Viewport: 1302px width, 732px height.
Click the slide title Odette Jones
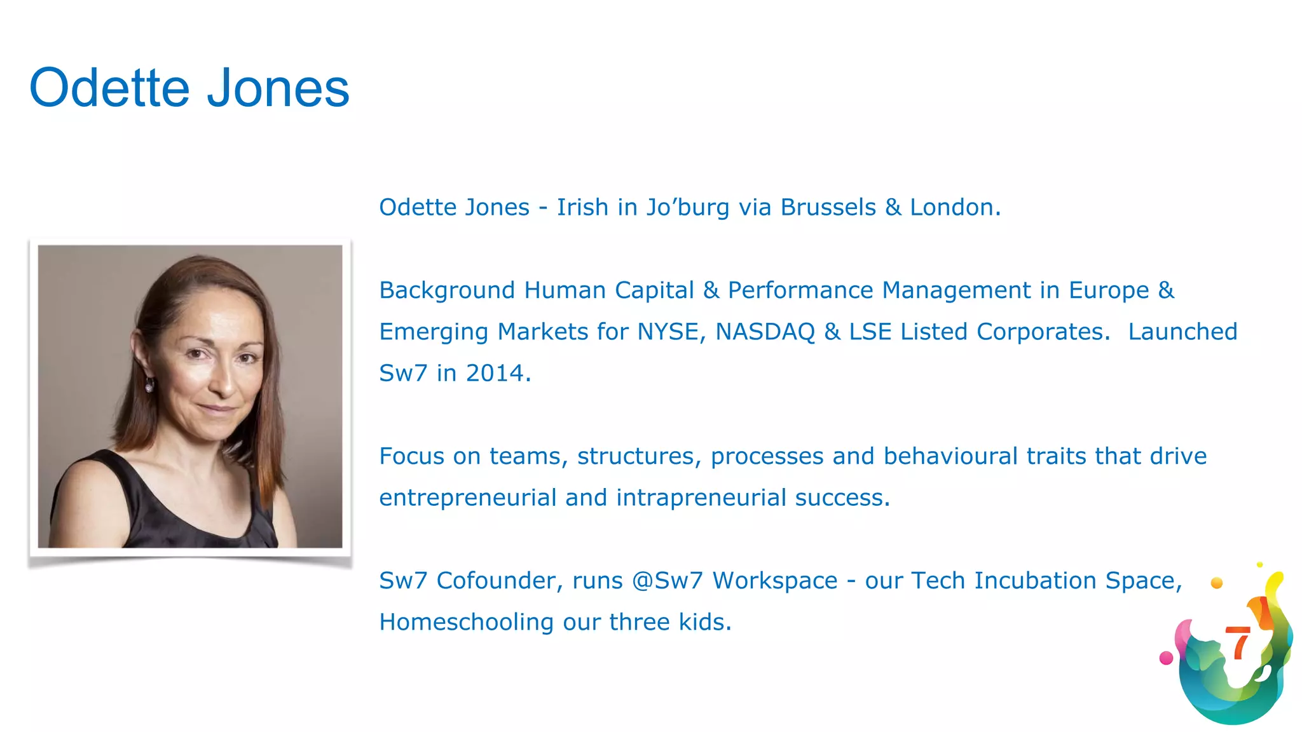(x=189, y=88)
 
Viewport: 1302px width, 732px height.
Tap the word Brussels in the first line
(x=828, y=208)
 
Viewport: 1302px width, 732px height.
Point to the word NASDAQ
(x=765, y=332)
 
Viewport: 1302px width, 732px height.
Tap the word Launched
(x=1182, y=332)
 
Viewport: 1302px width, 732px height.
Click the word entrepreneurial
(x=467, y=498)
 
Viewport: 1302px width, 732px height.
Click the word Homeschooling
(x=466, y=622)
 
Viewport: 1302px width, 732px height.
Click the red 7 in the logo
(x=1237, y=643)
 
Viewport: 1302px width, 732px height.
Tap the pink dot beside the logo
(x=1166, y=658)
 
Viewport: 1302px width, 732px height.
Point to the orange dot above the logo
(x=1217, y=583)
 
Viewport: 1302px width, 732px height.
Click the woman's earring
(x=149, y=385)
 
